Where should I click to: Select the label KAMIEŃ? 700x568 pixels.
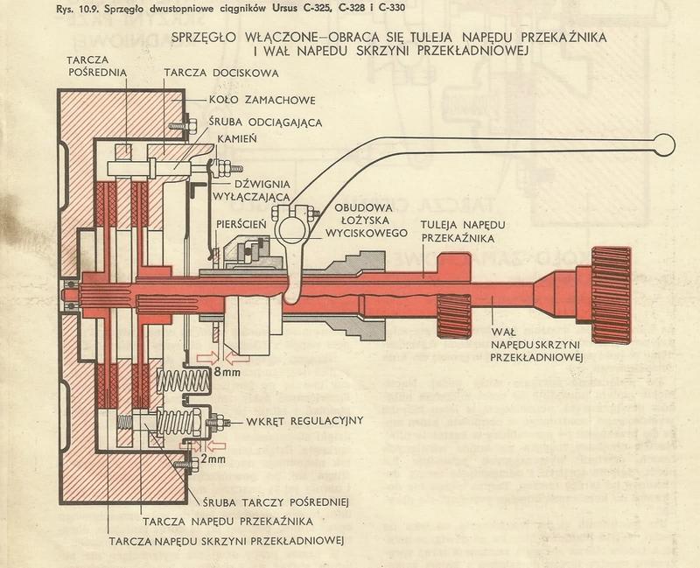pos(250,139)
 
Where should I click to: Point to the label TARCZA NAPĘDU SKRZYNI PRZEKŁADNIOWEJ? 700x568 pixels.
pos(226,539)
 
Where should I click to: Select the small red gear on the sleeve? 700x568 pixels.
pos(453,313)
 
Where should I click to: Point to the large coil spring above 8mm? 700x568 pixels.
pos(185,382)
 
